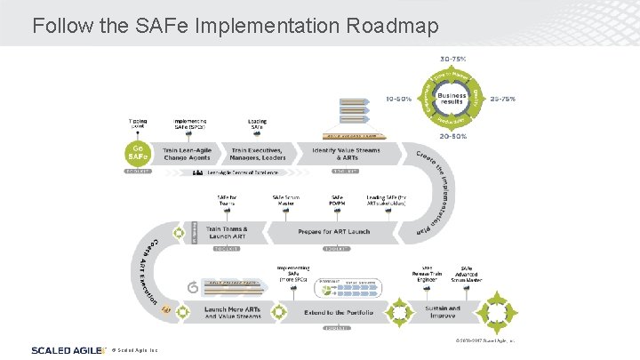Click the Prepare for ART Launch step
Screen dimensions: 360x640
pyautogui.click(x=333, y=232)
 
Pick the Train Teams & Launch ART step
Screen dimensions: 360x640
pyautogui.click(x=227, y=232)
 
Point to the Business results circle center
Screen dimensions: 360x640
pyautogui.click(x=452, y=100)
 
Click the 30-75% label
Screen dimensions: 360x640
pyautogui.click(x=452, y=59)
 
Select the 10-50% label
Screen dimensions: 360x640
pyautogui.click(x=397, y=99)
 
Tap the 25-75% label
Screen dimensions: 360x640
pyautogui.click(x=503, y=99)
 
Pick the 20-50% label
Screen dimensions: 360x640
pyautogui.click(x=452, y=138)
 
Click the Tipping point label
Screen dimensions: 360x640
pyautogui.click(x=138, y=123)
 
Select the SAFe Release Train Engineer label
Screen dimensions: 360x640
pyautogui.click(x=428, y=273)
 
